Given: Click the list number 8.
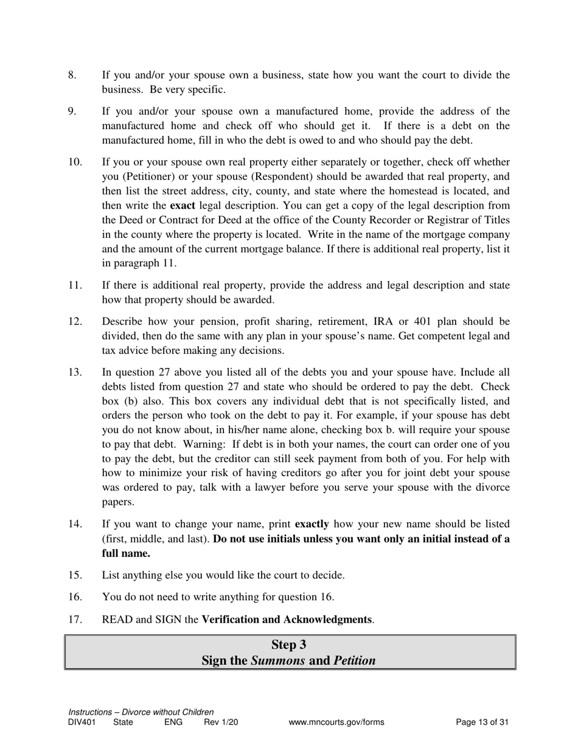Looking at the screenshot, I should click(72, 75).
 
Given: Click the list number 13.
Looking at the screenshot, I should click(74, 372).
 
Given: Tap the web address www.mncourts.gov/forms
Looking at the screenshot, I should click(336, 722).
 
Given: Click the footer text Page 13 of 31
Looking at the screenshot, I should click(482, 722).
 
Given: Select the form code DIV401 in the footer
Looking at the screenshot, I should click(82, 722).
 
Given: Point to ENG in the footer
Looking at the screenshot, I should click(173, 722).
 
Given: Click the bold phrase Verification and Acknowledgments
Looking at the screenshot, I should click(287, 620).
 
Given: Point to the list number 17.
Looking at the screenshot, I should click(74, 620).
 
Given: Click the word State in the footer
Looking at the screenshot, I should click(123, 722).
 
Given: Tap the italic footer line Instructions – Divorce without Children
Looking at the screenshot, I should click(141, 712).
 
